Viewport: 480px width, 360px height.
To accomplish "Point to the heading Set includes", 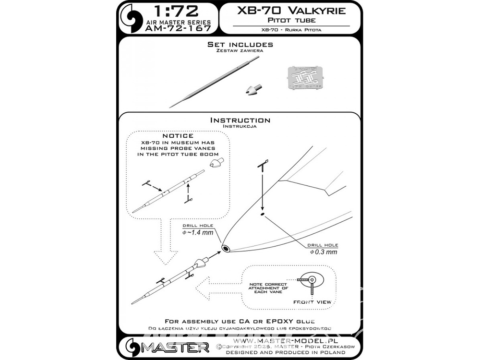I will click(240, 44).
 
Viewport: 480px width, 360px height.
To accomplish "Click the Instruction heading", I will click(240, 120).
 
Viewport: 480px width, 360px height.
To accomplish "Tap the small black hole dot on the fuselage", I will click(262, 215).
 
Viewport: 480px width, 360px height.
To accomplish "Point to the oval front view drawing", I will click(311, 279).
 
